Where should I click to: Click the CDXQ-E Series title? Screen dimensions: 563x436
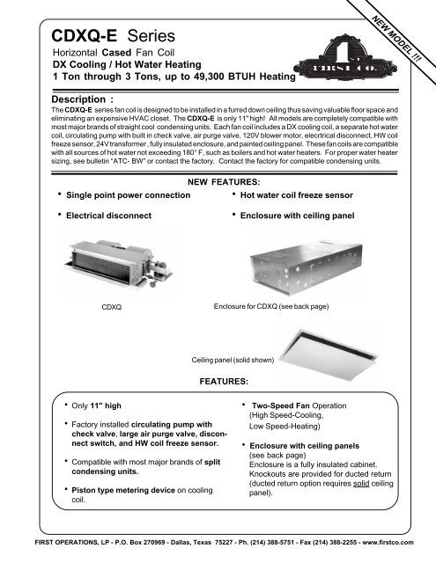tap(105, 38)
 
